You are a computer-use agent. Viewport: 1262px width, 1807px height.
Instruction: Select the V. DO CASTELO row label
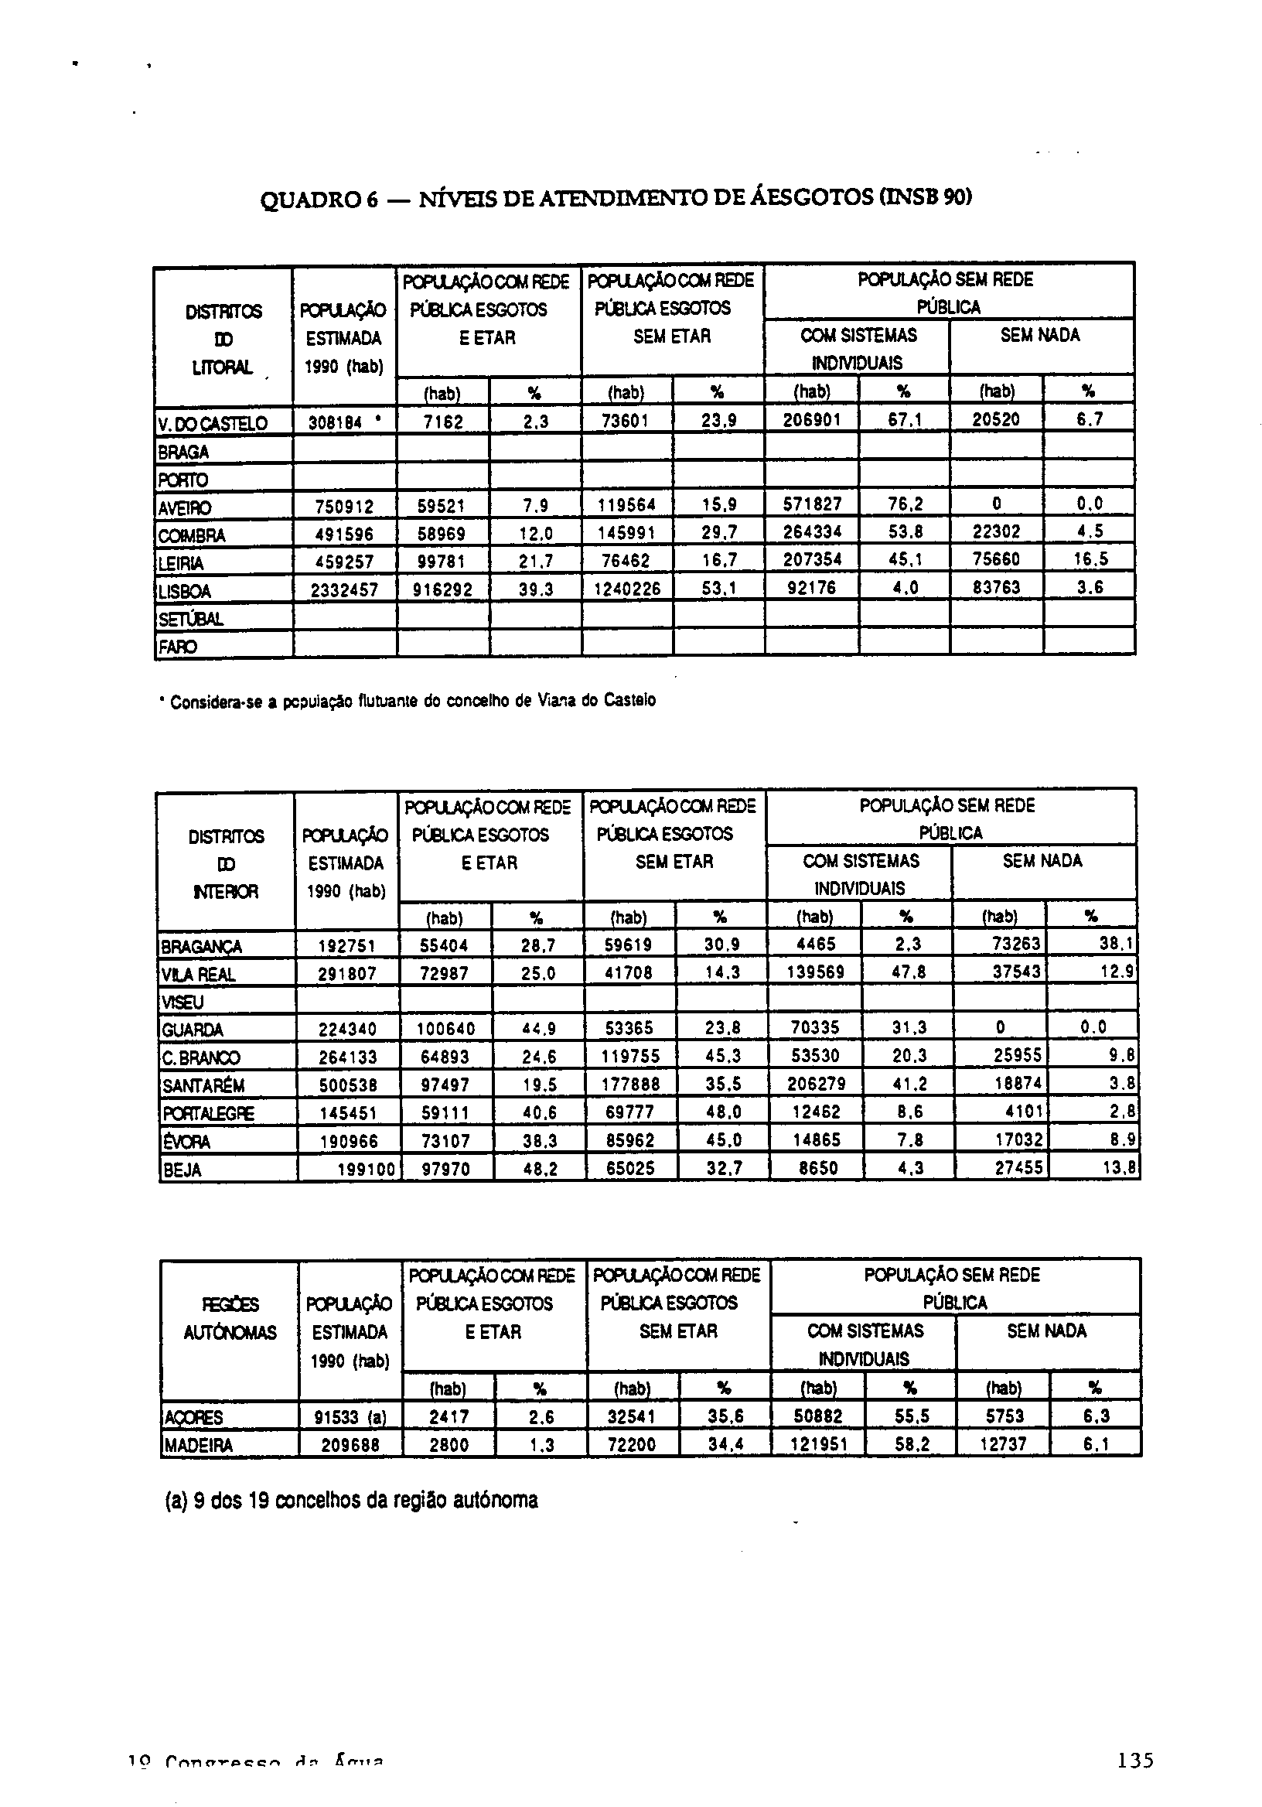tap(213, 423)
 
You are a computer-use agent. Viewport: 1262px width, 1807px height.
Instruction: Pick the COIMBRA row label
tap(192, 535)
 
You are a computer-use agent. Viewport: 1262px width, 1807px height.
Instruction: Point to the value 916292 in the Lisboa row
tap(443, 590)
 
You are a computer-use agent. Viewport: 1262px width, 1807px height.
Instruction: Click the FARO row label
tap(177, 647)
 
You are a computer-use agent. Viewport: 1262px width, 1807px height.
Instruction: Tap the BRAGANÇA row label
tap(200, 946)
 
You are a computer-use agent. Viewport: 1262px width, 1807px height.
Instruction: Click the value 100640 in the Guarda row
tap(445, 1029)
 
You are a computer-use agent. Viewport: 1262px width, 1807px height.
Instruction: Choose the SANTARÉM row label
tap(203, 1086)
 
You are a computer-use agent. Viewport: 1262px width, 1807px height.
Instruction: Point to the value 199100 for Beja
tap(365, 1170)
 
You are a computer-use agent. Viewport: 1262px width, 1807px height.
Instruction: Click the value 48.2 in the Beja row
tap(540, 1170)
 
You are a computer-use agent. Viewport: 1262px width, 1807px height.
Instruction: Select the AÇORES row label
tap(193, 1417)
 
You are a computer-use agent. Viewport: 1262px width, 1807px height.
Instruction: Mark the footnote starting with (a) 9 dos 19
tap(351, 1500)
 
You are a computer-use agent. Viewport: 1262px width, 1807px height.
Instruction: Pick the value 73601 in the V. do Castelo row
tap(626, 421)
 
